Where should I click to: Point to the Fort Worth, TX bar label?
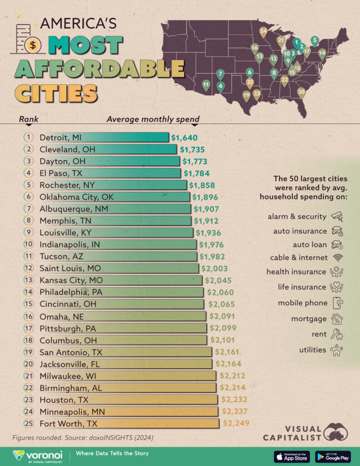[68, 423]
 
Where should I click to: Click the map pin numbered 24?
[263, 32]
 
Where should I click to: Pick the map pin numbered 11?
[206, 85]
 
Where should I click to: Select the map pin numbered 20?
[301, 92]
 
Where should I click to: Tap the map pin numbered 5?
[314, 41]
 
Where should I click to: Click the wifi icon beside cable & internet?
[337, 257]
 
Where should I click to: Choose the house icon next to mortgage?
[337, 319]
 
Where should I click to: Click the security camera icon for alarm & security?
[337, 216]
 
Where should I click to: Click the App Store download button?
[292, 456]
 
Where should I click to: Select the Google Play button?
[332, 456]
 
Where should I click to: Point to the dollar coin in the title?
[32, 45]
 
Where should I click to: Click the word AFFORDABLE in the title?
[99, 69]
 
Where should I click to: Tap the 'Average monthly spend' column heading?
[153, 120]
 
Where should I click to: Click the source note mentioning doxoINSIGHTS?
[83, 438]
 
